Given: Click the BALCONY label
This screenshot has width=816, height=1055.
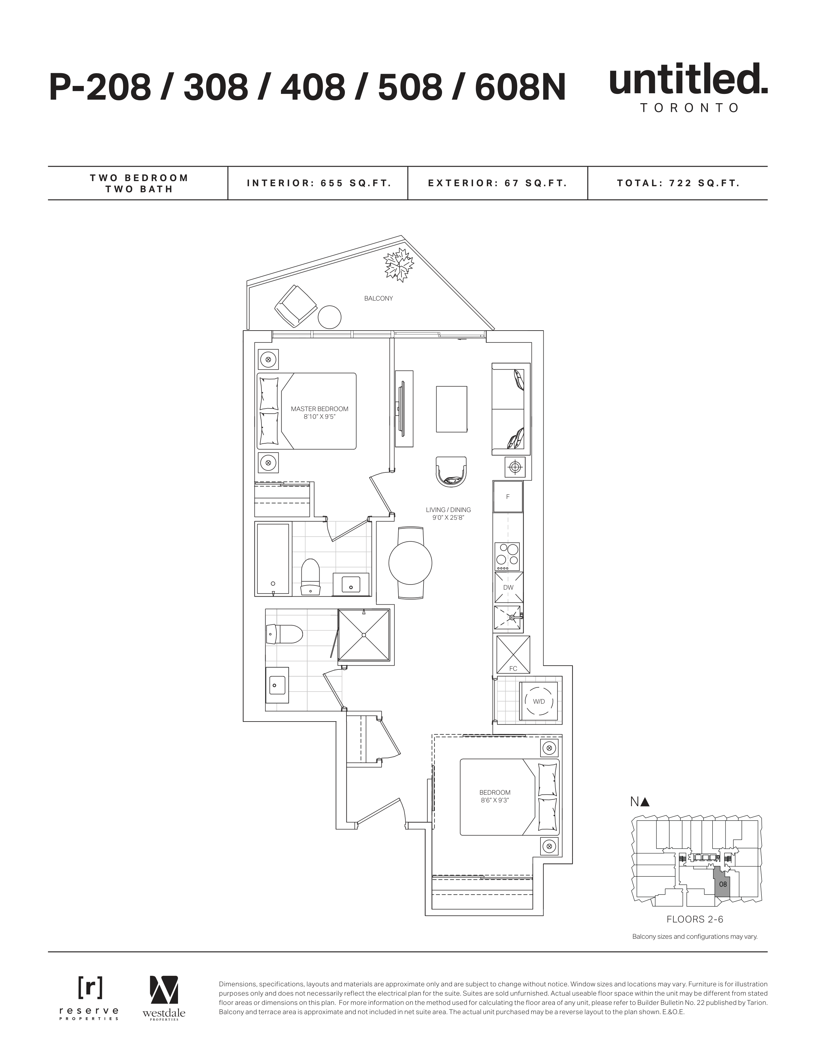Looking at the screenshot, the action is point(378,299).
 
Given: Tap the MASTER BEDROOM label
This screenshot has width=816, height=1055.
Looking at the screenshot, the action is point(320,409).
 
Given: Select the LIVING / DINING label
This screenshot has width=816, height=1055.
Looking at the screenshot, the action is point(448,510).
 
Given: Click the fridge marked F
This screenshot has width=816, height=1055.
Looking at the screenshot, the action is point(508,497).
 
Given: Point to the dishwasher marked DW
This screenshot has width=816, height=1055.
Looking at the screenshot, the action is point(508,587).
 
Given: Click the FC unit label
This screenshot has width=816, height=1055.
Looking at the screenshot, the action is point(513,669).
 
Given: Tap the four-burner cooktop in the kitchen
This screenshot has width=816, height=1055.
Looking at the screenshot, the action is point(508,556).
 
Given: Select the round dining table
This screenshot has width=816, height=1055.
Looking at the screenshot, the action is point(410,563).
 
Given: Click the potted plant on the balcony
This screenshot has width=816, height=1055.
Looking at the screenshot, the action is point(399,265).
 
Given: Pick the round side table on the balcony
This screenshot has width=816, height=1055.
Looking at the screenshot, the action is point(330,317).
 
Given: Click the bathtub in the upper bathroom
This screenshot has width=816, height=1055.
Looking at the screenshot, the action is point(273,559).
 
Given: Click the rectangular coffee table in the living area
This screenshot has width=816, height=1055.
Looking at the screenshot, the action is point(452,409).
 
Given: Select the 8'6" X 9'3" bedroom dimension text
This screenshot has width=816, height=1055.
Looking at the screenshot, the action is point(495,800).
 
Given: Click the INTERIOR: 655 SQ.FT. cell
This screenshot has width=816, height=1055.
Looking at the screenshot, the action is point(318,183).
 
